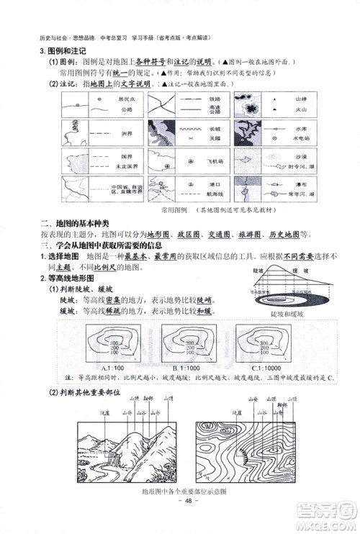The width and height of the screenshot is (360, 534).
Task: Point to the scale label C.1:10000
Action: point(269,368)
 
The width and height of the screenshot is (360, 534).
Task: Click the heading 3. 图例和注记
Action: point(61,50)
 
